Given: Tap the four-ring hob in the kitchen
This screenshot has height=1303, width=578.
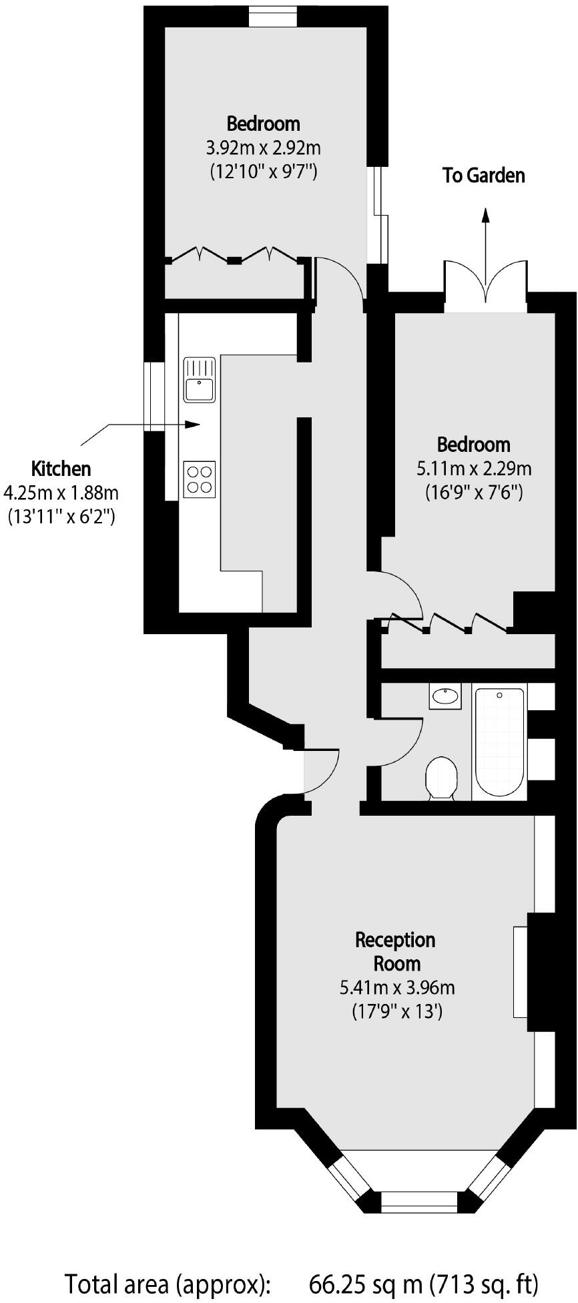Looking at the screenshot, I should (200, 479).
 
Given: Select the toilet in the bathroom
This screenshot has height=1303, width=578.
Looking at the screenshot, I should (441, 778).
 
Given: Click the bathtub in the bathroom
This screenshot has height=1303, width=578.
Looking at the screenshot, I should (499, 741).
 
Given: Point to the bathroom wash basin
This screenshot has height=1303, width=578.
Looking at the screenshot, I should (445, 697).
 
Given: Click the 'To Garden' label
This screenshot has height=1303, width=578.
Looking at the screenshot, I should (483, 176).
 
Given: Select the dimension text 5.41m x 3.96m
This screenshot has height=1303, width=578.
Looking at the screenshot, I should (397, 987).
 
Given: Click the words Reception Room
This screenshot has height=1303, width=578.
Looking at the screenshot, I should (396, 951).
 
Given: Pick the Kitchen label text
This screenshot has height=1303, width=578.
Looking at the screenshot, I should (61, 469).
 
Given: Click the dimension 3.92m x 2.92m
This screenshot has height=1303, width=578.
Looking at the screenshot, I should (263, 147).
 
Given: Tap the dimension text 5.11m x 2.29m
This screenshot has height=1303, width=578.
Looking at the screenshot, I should (474, 468).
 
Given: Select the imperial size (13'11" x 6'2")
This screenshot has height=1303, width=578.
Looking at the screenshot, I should (61, 516).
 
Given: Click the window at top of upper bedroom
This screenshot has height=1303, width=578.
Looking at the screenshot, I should (273, 17).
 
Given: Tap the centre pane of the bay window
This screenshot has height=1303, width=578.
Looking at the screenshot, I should (419, 1201).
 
